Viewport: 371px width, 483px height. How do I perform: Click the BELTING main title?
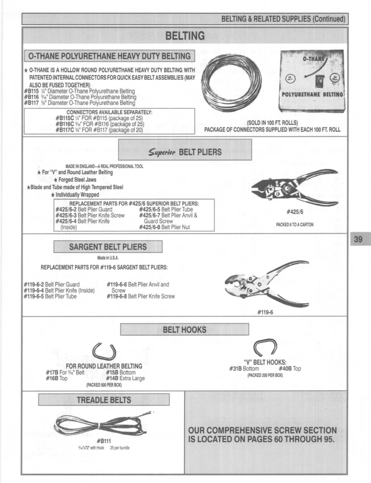185,36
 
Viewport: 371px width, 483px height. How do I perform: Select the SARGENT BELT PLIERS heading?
108,247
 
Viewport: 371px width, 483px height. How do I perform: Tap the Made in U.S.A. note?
108,258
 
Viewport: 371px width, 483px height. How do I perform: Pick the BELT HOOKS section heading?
185,330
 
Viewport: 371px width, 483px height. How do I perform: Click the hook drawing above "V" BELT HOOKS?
265,348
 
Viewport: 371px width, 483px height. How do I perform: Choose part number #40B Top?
289,369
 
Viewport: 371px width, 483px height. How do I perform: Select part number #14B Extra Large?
125,378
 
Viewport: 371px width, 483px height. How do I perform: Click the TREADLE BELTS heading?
104,400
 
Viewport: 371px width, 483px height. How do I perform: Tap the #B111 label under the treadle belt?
104,441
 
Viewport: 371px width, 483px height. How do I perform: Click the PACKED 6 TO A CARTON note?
294,225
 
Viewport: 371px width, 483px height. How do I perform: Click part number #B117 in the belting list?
29,103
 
